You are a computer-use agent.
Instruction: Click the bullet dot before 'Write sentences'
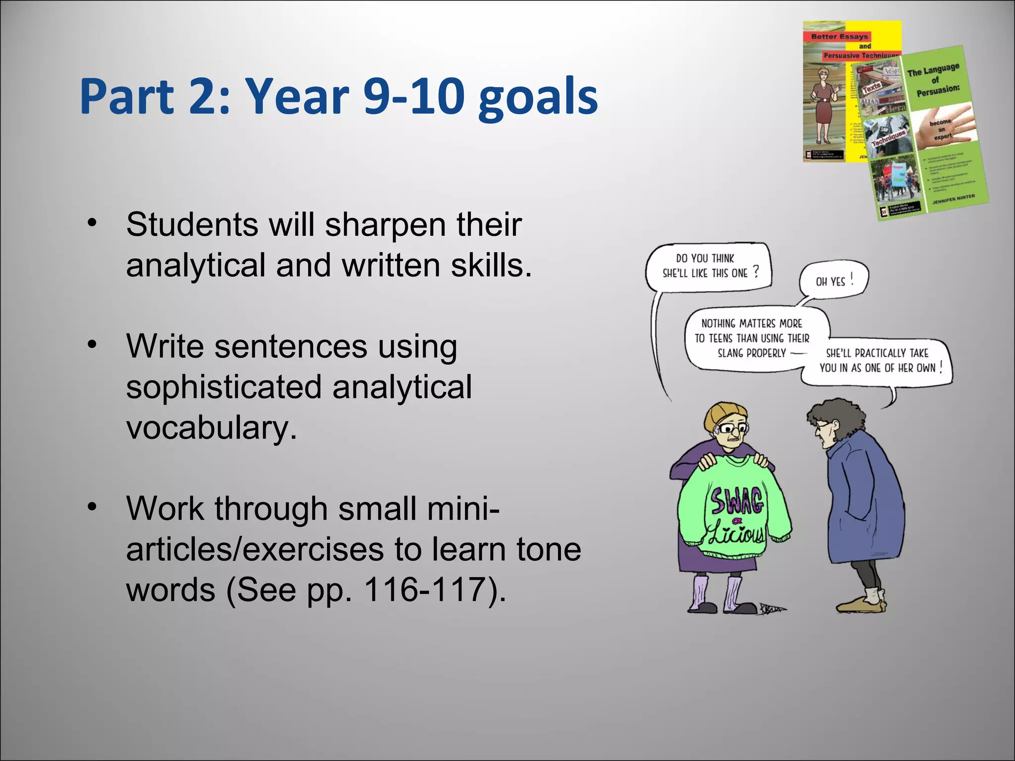[91, 344]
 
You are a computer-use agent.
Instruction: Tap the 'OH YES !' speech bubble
[834, 281]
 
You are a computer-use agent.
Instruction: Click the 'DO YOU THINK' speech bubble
[709, 266]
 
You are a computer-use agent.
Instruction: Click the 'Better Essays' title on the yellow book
[839, 36]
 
